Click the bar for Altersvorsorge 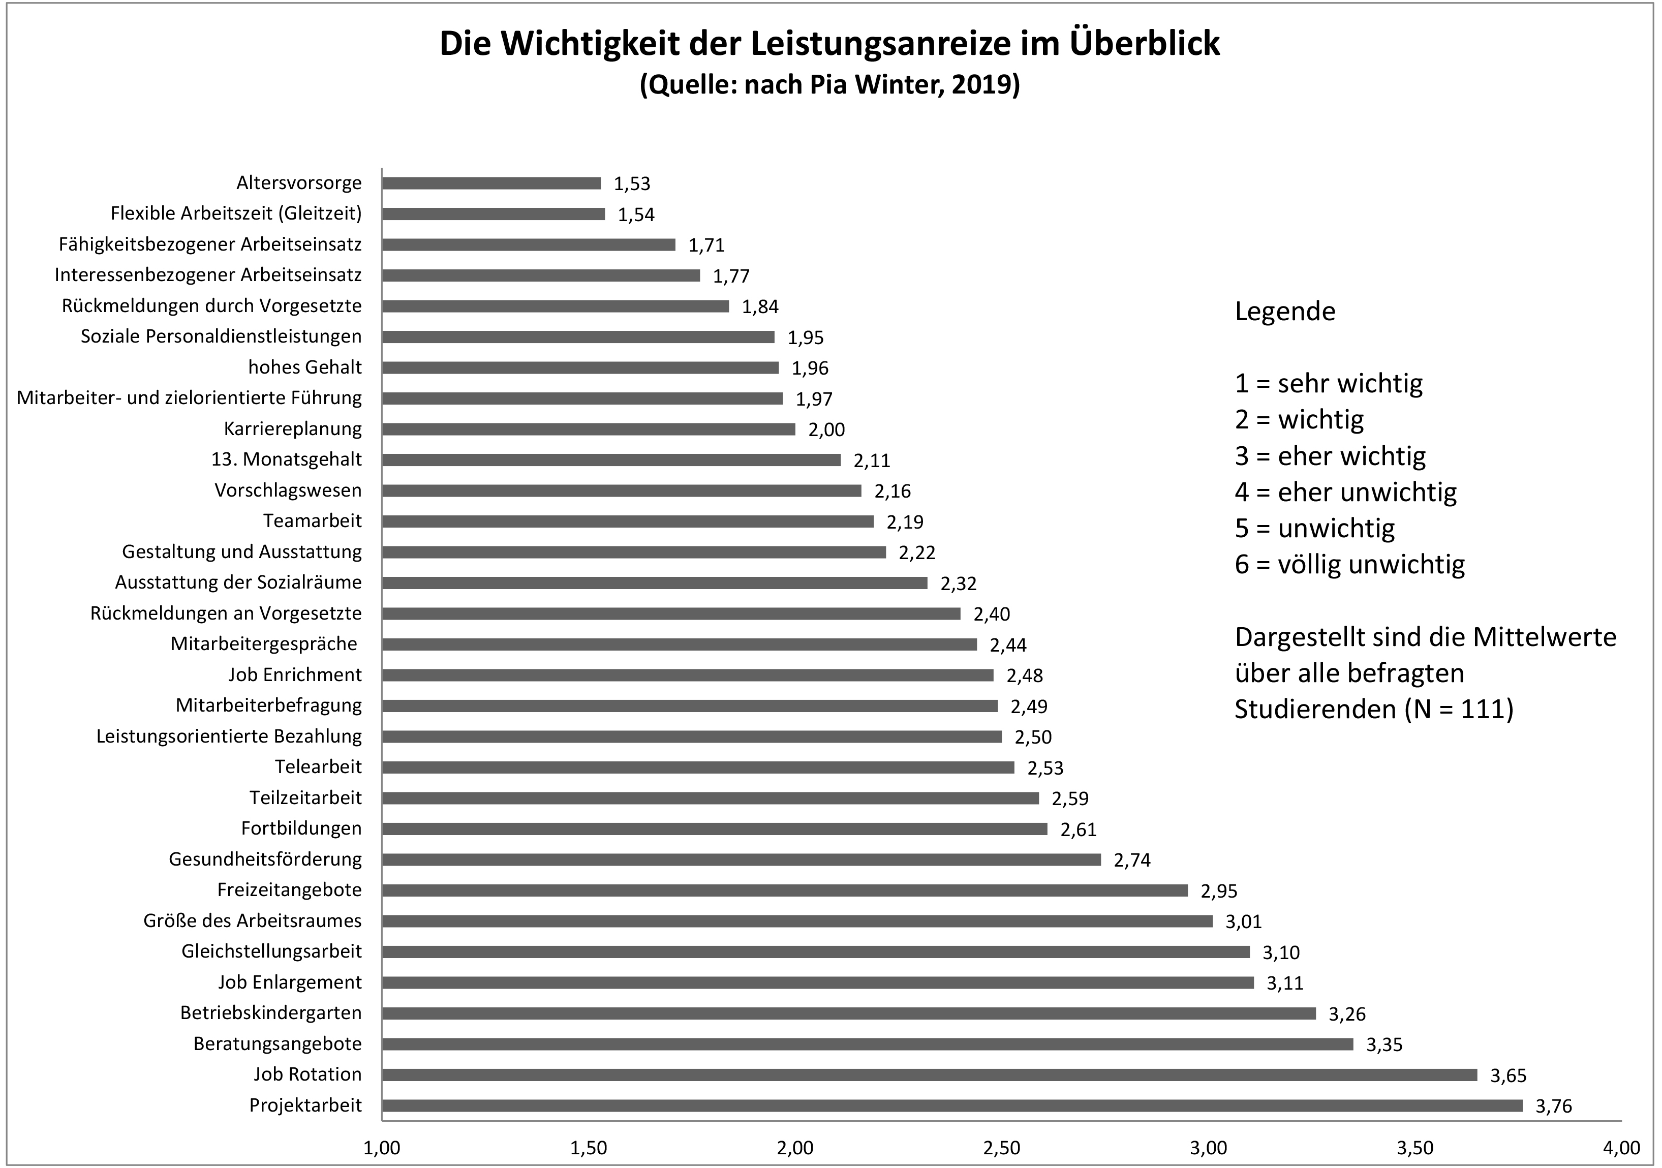491,183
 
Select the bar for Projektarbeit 952,1105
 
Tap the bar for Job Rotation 930,1074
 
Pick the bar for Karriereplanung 589,429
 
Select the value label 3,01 1243,922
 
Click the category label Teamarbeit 312,521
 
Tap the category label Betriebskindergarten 271,1012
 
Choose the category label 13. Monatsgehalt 286,459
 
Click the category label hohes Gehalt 305,367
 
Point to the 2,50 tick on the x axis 1002,1148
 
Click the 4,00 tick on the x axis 1621,1148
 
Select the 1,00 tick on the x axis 382,1148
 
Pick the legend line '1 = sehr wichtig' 1328,384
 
